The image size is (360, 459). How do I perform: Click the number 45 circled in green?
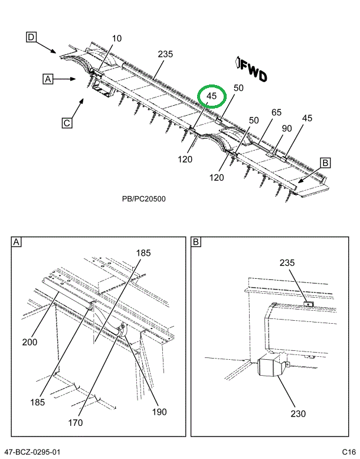[212, 96]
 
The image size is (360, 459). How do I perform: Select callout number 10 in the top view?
[116, 39]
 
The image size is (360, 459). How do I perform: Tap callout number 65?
[277, 113]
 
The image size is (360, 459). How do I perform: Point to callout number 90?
[287, 129]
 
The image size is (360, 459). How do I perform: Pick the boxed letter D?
[31, 38]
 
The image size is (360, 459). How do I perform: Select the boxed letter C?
[67, 123]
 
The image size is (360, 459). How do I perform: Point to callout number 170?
[91, 422]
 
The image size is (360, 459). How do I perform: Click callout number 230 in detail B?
[298, 414]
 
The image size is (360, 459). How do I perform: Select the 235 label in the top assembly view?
[165, 54]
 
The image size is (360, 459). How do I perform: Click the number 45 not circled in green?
[307, 118]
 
